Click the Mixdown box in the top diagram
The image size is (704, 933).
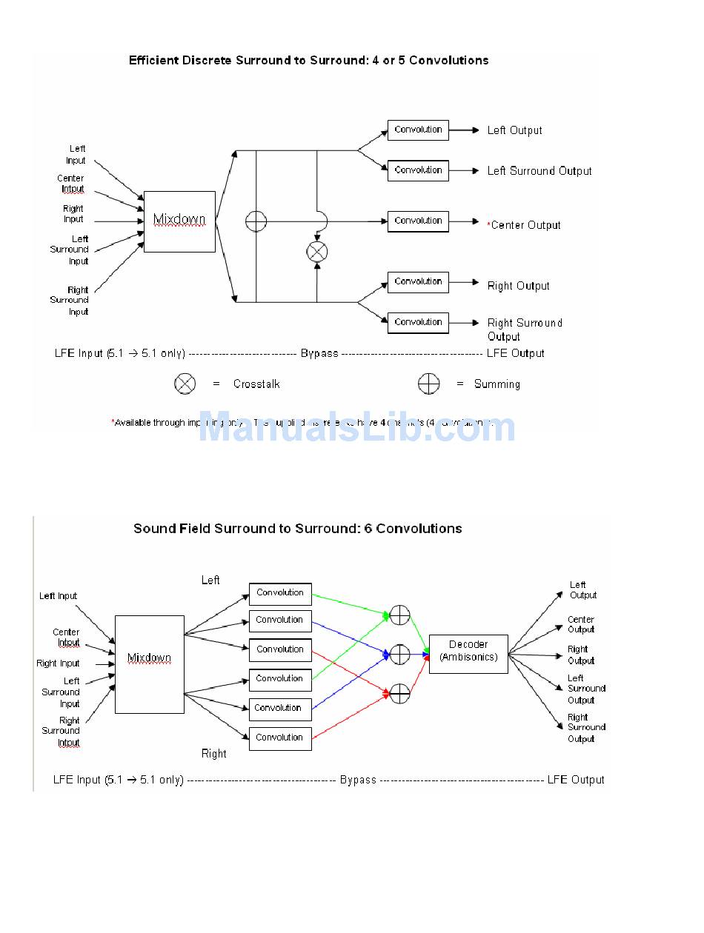click(x=179, y=221)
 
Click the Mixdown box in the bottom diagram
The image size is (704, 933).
click(x=149, y=664)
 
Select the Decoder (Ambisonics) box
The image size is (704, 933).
click(x=468, y=654)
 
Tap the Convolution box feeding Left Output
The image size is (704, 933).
click(x=418, y=130)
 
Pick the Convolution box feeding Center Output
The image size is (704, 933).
click(x=418, y=221)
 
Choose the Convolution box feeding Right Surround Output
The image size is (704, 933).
click(x=418, y=323)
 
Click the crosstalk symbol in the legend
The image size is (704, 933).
click(x=185, y=384)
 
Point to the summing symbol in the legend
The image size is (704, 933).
click(x=428, y=384)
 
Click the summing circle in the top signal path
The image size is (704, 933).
click(x=256, y=221)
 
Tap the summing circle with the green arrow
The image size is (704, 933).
click(x=399, y=615)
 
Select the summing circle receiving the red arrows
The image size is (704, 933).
click(x=399, y=694)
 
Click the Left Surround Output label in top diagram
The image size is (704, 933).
click(x=539, y=171)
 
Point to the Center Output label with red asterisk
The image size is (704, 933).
click(x=524, y=225)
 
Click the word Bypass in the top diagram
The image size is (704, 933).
click(x=319, y=353)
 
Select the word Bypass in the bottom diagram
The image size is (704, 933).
click(x=358, y=780)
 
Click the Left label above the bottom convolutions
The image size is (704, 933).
click(x=210, y=581)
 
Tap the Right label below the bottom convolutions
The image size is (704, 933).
click(x=214, y=754)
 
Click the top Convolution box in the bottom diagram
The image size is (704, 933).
click(x=280, y=593)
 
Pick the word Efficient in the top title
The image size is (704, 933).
click(x=154, y=61)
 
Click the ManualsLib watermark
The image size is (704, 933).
click(x=356, y=429)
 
